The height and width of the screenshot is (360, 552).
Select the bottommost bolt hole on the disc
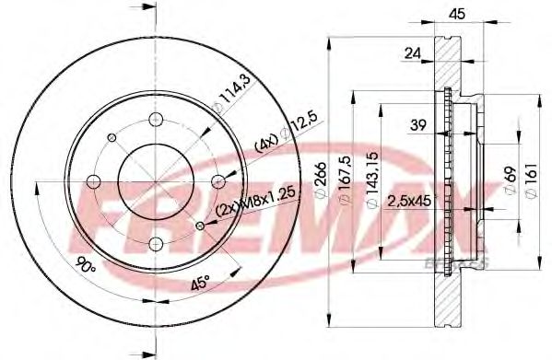pyautogui.click(x=154, y=243)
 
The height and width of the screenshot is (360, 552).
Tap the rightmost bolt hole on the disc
pyautogui.click(x=217, y=180)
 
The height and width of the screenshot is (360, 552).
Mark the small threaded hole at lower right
pyautogui.click(x=199, y=225)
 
